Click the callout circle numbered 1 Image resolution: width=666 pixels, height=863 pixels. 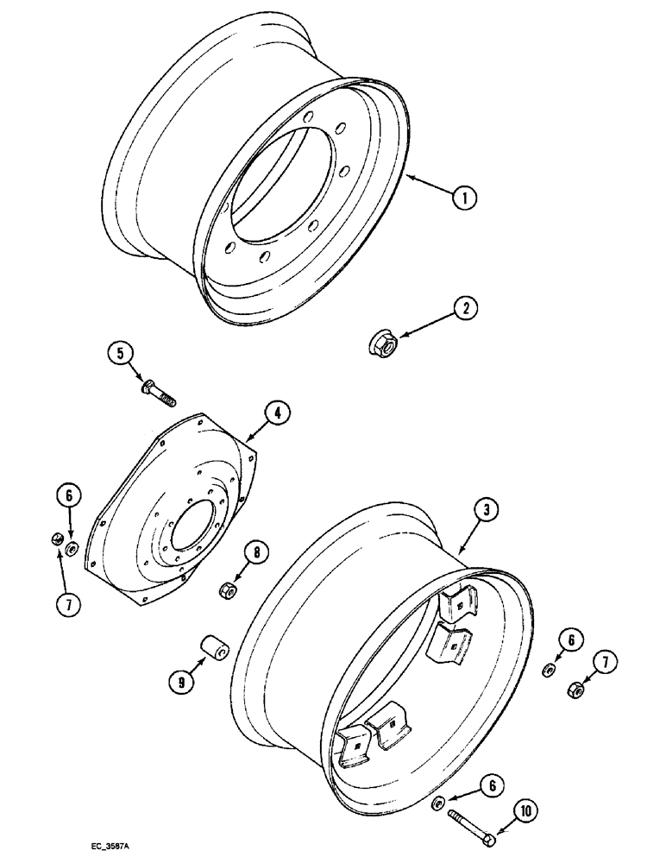click(x=464, y=198)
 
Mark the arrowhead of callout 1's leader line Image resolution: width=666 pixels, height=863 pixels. click(x=410, y=176)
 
